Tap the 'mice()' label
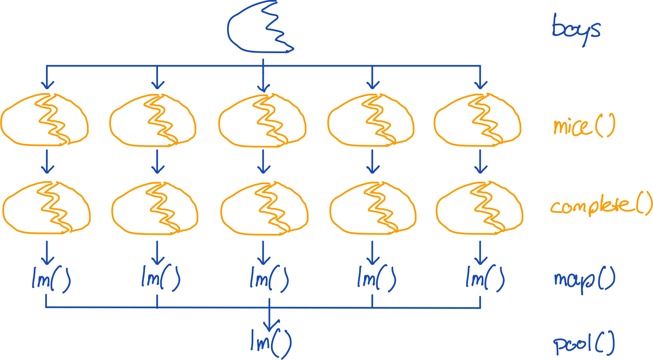(x=584, y=126)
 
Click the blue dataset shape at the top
(x=259, y=29)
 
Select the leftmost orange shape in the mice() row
(x=44, y=120)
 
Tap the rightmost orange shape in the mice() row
(x=477, y=120)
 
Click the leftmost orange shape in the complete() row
(x=46, y=208)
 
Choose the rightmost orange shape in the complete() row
(x=479, y=208)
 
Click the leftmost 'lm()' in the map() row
(x=51, y=280)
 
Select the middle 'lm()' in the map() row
(x=269, y=280)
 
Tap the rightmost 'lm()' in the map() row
(x=485, y=280)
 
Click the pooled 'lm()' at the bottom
(x=271, y=343)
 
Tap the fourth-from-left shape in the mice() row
(x=371, y=120)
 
